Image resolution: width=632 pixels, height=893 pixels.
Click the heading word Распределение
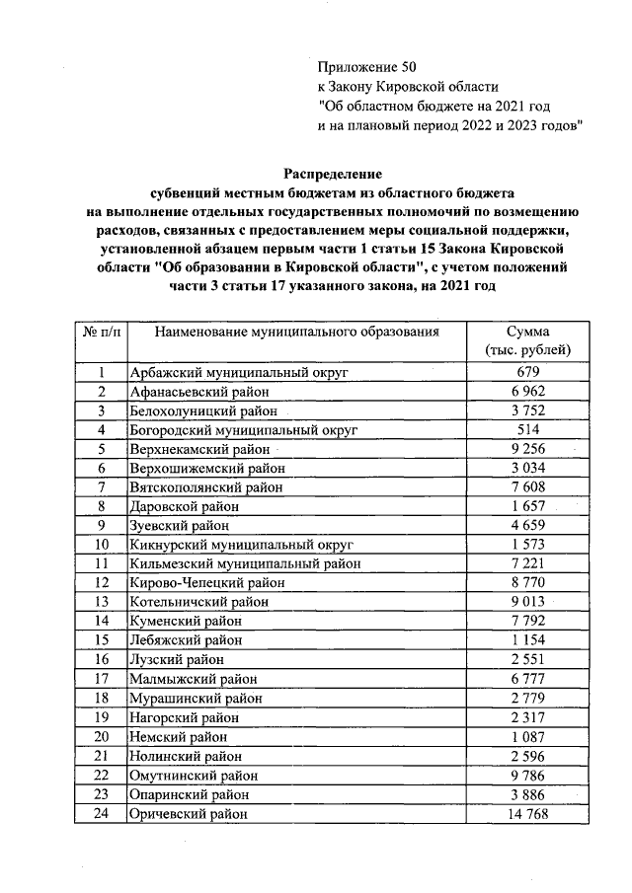pyautogui.click(x=333, y=172)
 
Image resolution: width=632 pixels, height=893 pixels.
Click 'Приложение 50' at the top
pyautogui.click(x=361, y=67)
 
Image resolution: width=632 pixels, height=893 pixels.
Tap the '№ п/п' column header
pyautogui.click(x=101, y=333)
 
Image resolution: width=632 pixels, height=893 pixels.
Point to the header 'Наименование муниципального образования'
pyautogui.click(x=296, y=333)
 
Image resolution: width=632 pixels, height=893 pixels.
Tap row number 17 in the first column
pyautogui.click(x=101, y=679)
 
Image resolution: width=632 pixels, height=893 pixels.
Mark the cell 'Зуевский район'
pyautogui.click(x=180, y=526)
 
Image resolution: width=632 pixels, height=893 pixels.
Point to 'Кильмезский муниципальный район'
pyautogui.click(x=245, y=563)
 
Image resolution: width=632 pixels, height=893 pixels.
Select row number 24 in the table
pyautogui.click(x=101, y=814)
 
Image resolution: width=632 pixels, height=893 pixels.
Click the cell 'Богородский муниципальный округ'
pyautogui.click(x=242, y=429)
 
